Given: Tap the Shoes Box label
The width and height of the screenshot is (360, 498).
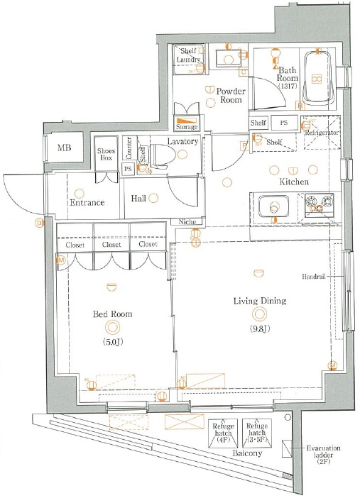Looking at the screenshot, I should [107, 154].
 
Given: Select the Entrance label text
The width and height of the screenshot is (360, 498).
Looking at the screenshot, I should [87, 203].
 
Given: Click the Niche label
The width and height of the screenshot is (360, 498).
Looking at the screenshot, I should [187, 221].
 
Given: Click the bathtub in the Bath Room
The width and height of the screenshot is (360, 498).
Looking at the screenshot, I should [318, 79].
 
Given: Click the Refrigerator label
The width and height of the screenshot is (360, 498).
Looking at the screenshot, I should [321, 133].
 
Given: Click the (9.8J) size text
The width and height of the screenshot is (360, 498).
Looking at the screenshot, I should [258, 328].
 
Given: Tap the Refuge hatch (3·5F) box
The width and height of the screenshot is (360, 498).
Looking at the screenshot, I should [257, 431].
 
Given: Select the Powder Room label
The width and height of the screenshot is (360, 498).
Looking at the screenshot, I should [230, 96].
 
